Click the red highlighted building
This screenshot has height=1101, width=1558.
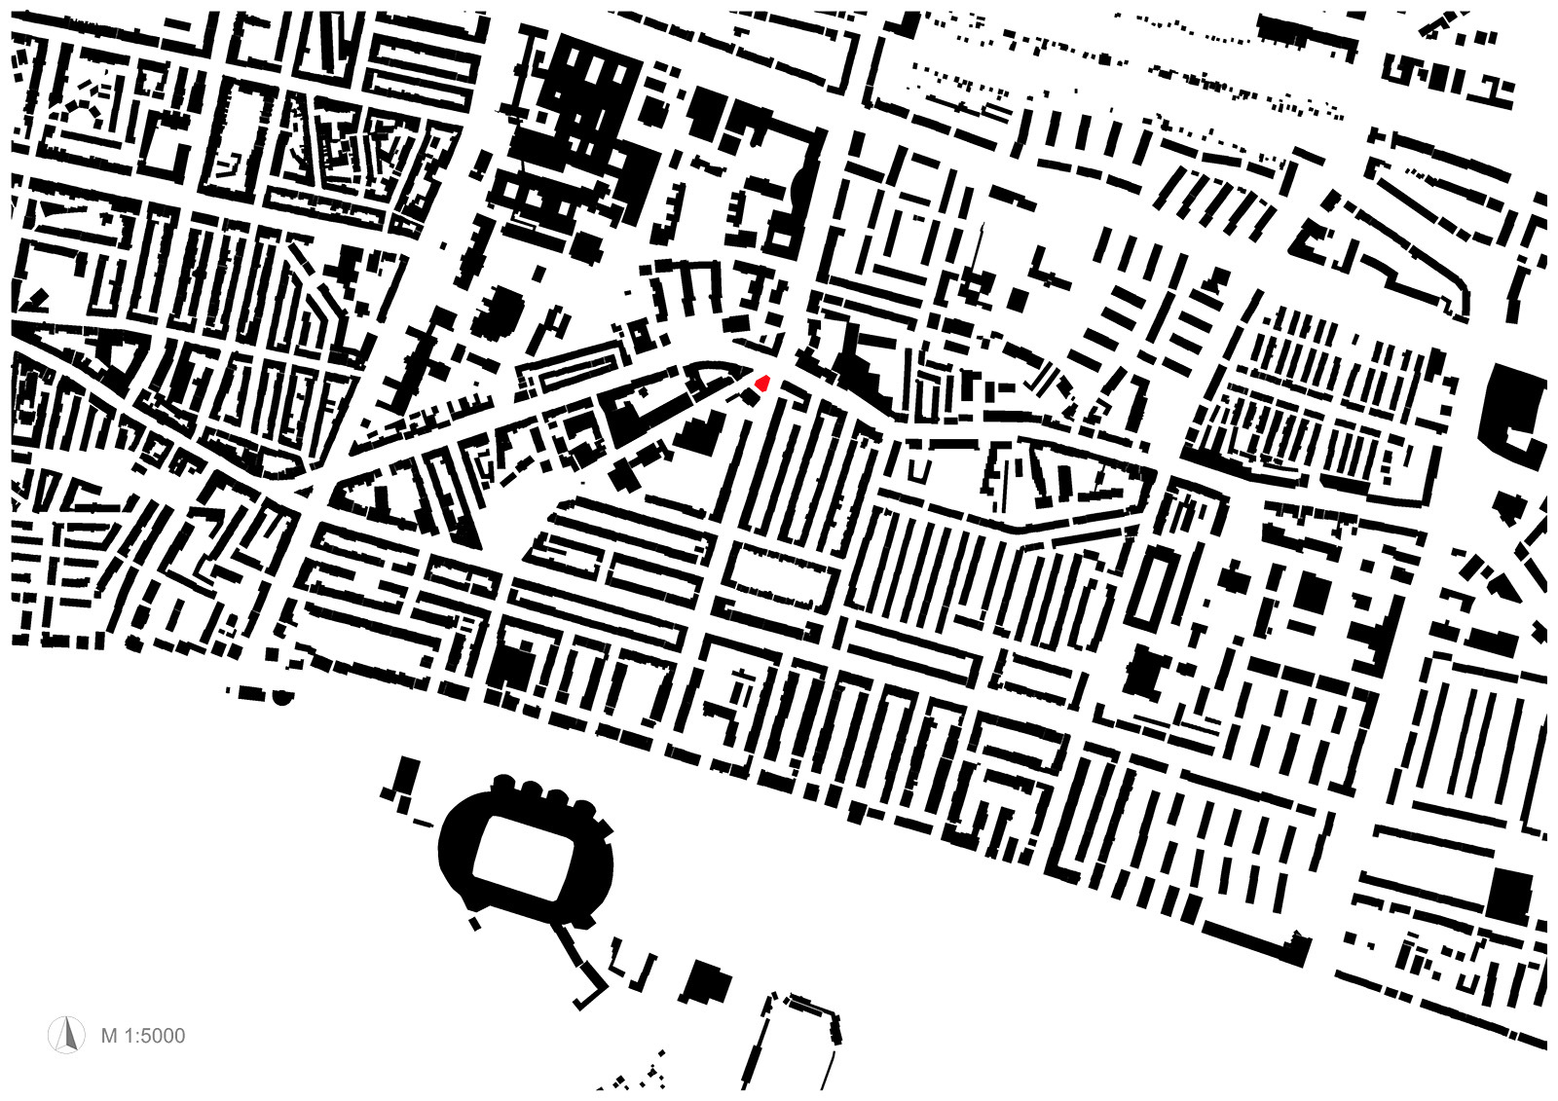762,383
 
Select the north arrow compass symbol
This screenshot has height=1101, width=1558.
67,1034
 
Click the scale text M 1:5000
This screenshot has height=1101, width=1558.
142,1035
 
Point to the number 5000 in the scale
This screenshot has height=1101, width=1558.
161,1035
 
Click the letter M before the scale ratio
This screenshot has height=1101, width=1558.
109,1035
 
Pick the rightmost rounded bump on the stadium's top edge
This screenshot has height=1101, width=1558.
584,807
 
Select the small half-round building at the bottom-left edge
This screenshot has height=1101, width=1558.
282,696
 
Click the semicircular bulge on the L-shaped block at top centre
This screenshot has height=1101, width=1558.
800,190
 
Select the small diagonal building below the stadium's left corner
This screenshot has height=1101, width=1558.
474,922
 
